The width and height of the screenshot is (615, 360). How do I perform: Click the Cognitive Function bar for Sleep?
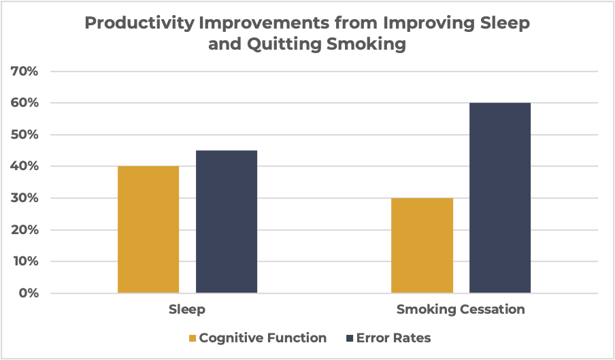[148, 229]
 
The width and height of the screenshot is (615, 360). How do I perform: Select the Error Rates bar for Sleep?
[227, 222]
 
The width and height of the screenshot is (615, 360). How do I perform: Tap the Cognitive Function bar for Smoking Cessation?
[422, 246]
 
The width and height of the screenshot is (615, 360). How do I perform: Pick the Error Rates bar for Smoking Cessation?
[500, 198]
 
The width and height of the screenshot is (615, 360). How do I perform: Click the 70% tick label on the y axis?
[24, 71]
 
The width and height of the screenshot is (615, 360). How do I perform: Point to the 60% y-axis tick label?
[24, 103]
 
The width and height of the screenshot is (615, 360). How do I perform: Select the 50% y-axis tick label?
[24, 135]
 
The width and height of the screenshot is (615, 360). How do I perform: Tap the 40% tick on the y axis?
[24, 167]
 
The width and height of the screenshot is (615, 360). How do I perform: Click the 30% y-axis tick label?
[24, 199]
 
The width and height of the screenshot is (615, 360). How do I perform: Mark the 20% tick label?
[24, 230]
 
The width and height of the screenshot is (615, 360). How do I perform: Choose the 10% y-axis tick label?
[24, 262]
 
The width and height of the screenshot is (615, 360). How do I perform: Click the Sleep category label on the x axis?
[187, 310]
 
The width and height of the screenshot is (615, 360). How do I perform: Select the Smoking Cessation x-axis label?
[461, 310]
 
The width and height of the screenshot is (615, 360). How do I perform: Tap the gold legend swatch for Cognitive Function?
[192, 338]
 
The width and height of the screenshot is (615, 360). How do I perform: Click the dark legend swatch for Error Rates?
[350, 338]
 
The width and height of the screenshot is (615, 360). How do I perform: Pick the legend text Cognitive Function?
[263, 338]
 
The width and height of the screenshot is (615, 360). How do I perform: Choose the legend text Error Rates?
[395, 338]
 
